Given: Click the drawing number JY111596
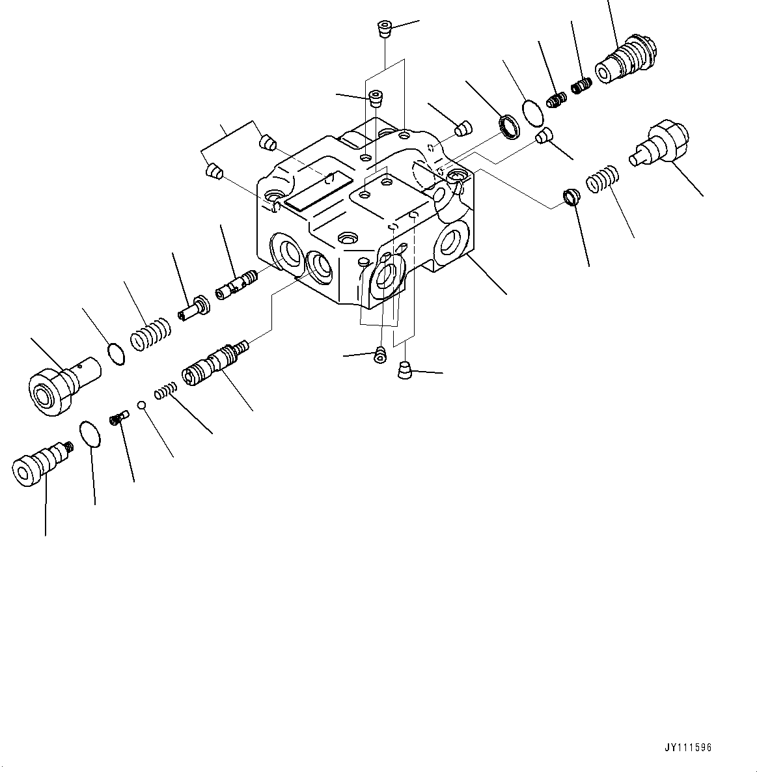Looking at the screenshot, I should click(689, 748).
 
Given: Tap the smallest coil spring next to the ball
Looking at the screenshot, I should click(165, 392).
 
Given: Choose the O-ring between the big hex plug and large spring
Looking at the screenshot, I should click(115, 353).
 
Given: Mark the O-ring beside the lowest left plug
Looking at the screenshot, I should click(90, 434).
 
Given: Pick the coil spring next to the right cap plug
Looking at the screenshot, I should click(603, 180).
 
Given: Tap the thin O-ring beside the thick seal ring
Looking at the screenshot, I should click(532, 112).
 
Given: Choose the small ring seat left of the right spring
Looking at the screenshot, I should click(570, 197).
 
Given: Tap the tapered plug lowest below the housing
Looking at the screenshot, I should click(404, 371).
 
